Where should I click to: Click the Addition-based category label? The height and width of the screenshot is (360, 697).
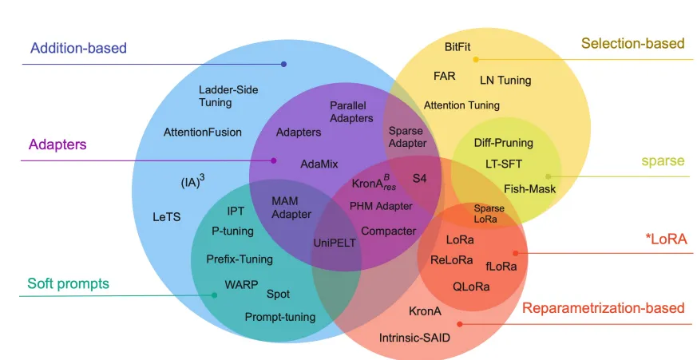78,48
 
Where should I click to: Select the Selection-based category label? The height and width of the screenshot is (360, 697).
632,43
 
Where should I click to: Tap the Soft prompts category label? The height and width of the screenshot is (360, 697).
68,283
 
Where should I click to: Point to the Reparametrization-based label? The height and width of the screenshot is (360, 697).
603,308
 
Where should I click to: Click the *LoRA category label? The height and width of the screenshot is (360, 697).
665,239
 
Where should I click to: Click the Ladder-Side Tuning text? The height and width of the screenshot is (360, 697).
228,96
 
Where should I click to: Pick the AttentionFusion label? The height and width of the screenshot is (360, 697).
202,132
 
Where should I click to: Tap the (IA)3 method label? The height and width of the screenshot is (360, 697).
192,182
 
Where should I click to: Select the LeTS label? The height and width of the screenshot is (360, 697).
167,216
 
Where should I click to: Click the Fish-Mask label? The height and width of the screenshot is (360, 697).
529,189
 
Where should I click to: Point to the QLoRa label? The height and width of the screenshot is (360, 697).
471,286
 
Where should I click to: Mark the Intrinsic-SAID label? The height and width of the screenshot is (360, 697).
414,338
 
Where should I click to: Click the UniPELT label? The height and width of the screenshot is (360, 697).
335,243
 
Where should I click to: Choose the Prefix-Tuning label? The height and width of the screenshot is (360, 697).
240,259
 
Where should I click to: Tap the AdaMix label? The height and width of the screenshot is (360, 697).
319,164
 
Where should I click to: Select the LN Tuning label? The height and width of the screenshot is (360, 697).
505,80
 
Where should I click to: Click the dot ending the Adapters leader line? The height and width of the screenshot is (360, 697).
274,160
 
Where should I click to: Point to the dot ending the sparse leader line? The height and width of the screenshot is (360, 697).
548,176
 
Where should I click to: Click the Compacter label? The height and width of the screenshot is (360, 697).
389,231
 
